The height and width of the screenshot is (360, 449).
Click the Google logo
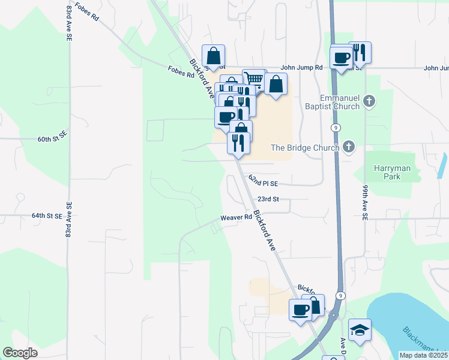[20, 353]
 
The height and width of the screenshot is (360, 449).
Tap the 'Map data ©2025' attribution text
[423, 355]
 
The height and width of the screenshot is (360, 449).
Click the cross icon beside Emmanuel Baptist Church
[369, 101]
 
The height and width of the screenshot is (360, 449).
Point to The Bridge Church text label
[306, 148]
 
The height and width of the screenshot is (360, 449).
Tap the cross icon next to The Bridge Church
[349, 147]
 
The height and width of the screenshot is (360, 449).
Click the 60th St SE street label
[52, 139]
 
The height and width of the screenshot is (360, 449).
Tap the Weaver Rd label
[236, 217]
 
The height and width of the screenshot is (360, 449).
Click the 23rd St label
[268, 199]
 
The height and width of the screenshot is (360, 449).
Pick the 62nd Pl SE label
[264, 183]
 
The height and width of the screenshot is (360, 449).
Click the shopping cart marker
[254, 79]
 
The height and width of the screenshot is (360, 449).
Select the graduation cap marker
[360, 329]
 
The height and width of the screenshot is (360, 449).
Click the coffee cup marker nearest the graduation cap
[301, 310]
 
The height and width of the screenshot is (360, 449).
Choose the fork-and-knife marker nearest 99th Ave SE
[360, 52]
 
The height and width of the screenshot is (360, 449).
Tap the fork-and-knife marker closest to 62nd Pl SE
[238, 143]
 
